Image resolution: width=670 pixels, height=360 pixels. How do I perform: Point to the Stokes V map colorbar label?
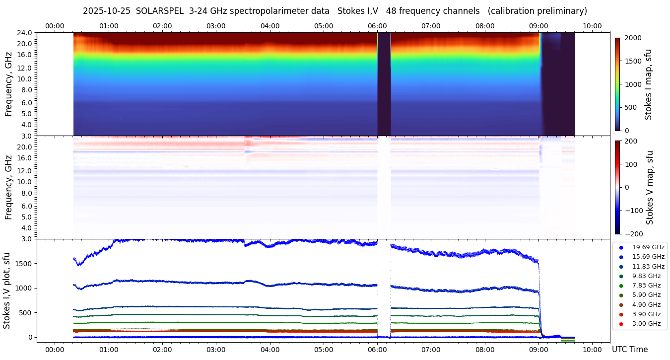tap(650, 188)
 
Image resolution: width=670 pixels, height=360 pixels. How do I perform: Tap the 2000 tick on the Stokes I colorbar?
tap(633, 38)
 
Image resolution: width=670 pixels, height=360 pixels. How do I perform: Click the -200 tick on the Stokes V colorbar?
tap(634, 234)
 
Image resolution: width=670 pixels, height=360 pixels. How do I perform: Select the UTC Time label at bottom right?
tap(629, 350)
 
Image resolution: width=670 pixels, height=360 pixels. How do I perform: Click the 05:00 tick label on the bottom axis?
tap(324, 350)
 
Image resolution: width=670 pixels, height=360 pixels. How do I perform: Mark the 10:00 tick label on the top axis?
tap(592, 26)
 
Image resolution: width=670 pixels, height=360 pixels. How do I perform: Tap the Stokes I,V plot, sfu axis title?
tap(7, 290)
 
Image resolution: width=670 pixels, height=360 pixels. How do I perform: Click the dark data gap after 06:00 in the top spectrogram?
tap(384, 84)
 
